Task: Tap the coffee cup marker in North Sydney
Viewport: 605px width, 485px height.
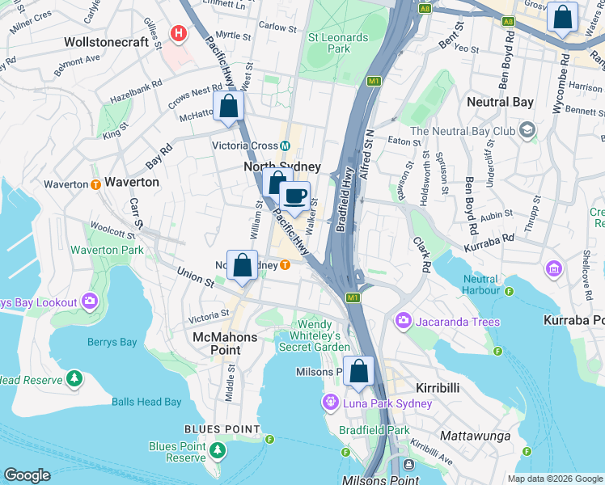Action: (x=294, y=196)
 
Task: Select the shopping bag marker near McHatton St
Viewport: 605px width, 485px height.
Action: (x=229, y=107)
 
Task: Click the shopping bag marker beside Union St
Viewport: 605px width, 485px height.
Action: (x=242, y=265)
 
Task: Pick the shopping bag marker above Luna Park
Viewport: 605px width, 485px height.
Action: (x=358, y=372)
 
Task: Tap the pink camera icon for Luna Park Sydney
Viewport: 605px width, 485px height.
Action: (x=330, y=403)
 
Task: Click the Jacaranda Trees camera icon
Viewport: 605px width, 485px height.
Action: (x=403, y=322)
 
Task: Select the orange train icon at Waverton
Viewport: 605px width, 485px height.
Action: (x=95, y=184)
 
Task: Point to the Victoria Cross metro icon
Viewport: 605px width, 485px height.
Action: (x=286, y=146)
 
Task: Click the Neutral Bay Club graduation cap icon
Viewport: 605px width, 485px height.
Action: (x=527, y=131)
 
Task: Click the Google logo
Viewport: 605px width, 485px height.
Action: (x=27, y=475)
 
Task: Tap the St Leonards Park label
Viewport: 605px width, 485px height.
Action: (x=328, y=43)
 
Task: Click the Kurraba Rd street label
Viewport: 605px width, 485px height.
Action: (x=490, y=238)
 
